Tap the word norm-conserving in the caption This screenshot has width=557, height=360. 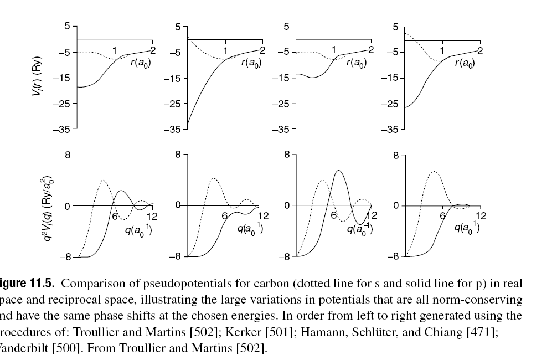(483, 300)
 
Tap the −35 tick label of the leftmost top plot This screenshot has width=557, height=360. (64, 129)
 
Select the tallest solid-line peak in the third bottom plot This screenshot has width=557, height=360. (338, 171)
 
